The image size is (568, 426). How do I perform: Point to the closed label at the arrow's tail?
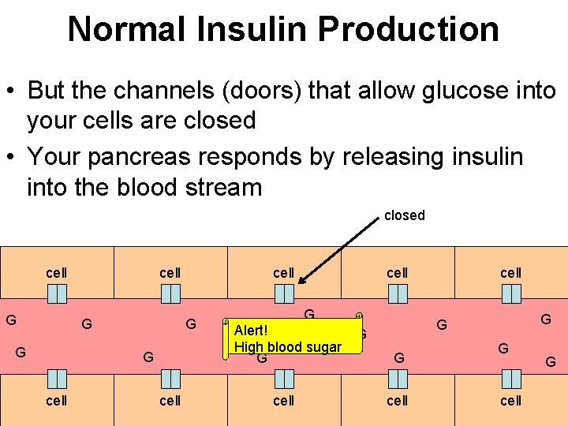[x=404, y=215]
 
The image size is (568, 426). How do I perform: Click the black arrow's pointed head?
[x=302, y=279]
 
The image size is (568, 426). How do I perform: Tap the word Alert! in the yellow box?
[x=252, y=331]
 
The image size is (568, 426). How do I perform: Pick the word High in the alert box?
[x=248, y=347]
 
